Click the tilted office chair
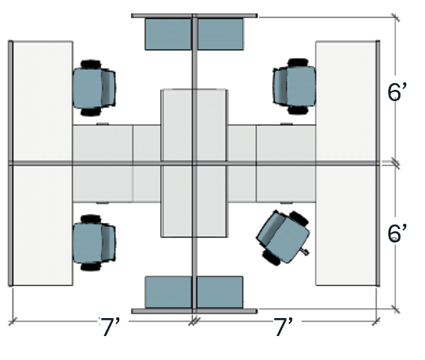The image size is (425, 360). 283,236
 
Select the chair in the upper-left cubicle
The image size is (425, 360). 94,88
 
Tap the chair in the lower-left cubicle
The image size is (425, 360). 94,242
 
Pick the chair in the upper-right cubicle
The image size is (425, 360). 293,88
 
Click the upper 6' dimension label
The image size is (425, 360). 397,90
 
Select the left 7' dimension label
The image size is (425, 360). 115,326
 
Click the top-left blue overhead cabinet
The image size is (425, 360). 168,34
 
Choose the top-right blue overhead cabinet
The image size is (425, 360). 221,34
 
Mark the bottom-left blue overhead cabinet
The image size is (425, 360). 168,291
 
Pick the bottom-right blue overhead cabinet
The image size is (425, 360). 221,291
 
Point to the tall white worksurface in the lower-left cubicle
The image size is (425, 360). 42,225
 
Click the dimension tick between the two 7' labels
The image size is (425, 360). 193,322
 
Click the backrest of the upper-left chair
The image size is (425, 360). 112,88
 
